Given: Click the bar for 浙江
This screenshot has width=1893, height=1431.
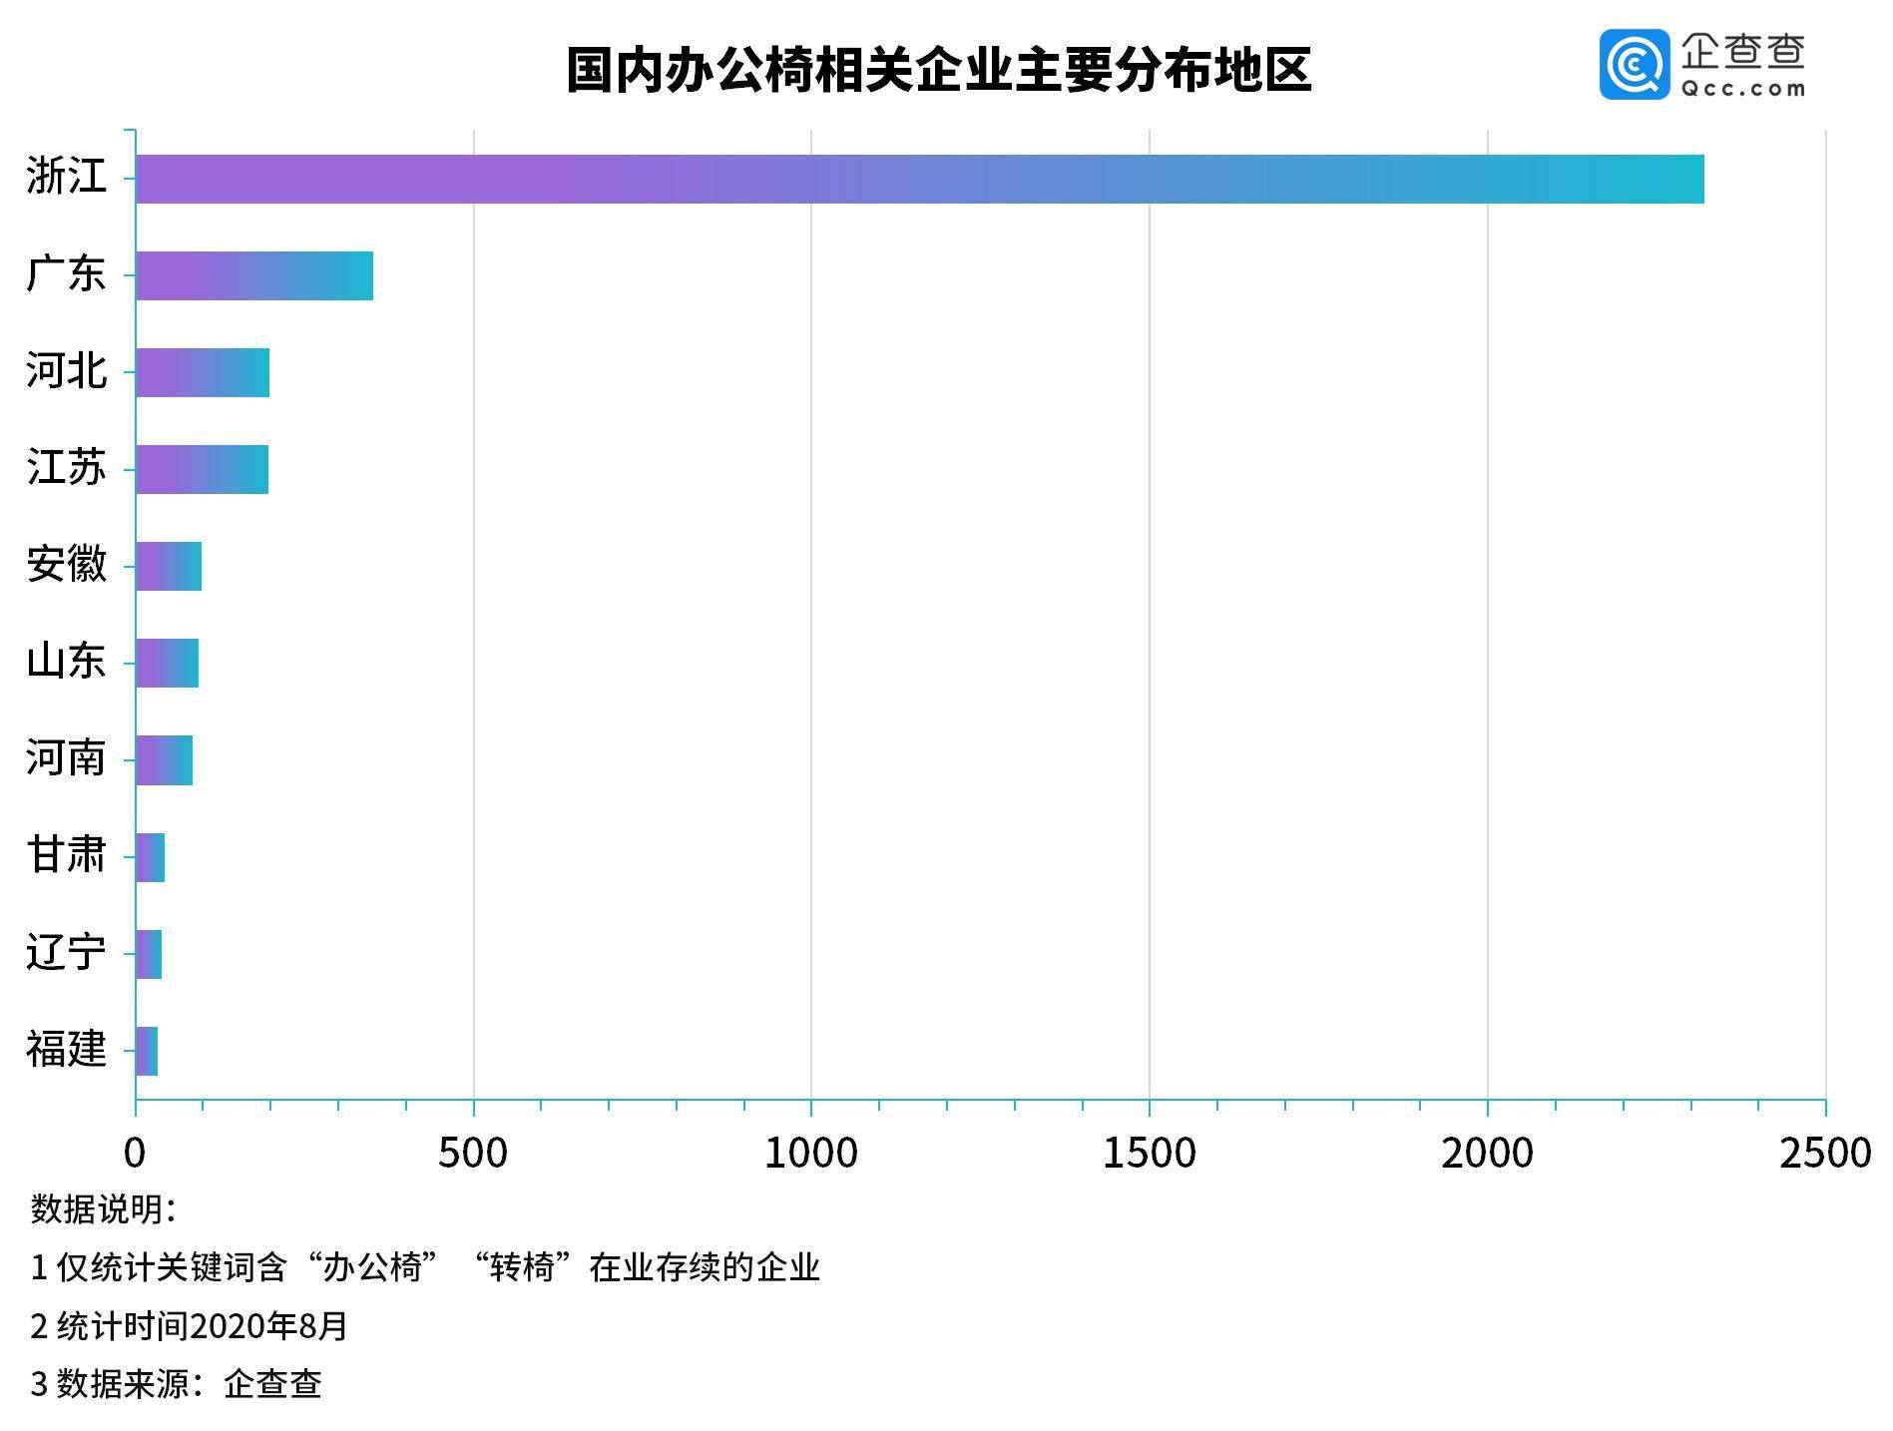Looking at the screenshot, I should (x=918, y=180).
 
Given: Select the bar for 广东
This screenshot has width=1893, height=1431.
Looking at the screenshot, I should (x=254, y=276).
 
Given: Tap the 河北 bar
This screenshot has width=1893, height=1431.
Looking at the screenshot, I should (x=203, y=372).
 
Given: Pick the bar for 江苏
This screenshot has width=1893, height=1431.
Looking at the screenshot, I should (x=202, y=469).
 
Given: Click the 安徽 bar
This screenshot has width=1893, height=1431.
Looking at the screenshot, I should (x=169, y=566).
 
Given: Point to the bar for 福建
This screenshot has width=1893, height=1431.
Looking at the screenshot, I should (x=147, y=1051).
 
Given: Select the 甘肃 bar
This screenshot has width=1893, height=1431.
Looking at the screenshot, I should (x=151, y=857).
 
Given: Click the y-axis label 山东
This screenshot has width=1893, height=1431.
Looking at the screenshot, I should (x=66, y=662).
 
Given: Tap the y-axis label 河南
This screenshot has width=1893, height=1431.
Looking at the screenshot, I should (x=66, y=758).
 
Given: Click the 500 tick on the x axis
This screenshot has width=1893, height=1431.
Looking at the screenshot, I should (x=473, y=1154).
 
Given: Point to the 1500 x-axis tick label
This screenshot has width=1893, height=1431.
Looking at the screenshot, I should (x=1149, y=1154).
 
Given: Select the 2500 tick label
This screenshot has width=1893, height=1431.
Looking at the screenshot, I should (x=1825, y=1154).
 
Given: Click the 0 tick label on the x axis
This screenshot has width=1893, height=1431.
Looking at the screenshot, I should (x=135, y=1154).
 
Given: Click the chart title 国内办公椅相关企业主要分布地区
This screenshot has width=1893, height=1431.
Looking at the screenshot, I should (x=938, y=70).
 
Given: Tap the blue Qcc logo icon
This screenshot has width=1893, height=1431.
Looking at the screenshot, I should (x=1634, y=65).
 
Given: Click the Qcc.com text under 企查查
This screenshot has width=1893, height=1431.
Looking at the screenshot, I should (x=1743, y=89).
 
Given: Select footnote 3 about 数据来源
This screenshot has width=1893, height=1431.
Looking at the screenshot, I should (x=176, y=1384).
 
